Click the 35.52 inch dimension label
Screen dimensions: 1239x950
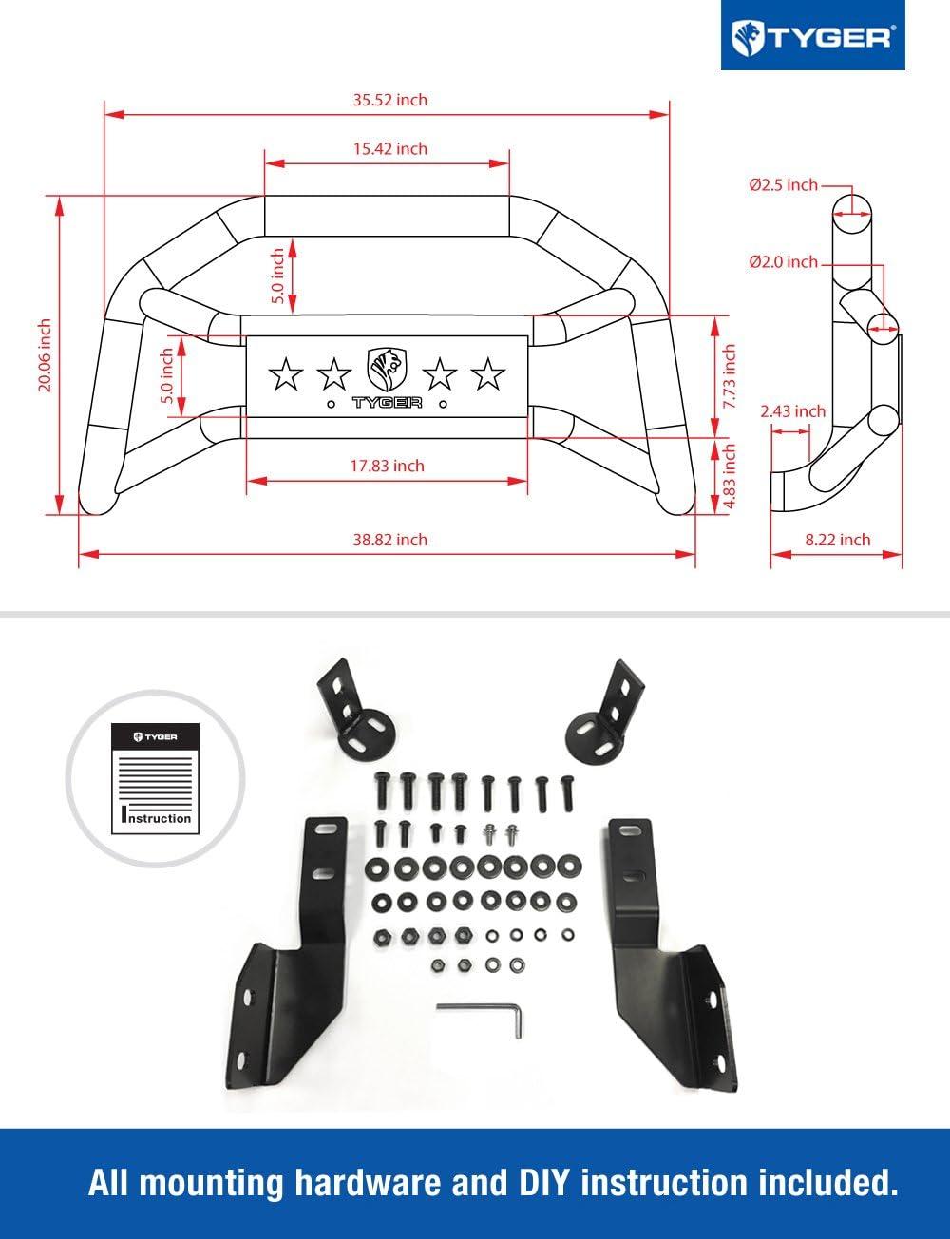386,100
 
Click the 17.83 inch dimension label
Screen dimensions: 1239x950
387,466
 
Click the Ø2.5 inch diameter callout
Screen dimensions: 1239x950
783,185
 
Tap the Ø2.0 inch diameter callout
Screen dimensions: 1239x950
783,261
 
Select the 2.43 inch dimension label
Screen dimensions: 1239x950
792,411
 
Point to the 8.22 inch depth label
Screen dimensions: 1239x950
837,539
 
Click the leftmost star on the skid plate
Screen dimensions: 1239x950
285,374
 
